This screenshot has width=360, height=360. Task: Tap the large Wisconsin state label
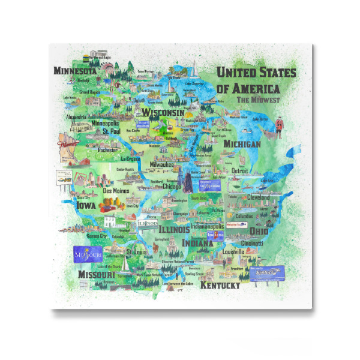tap(163, 113)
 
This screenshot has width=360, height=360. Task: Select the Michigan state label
tap(242, 145)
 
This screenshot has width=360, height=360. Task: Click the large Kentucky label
tap(220, 286)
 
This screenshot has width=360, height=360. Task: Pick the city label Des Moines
tap(116, 191)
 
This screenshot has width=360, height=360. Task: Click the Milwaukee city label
tap(161, 164)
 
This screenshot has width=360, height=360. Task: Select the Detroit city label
tap(239, 170)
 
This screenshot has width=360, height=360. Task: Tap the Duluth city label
tap(139, 100)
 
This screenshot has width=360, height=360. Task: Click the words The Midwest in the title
tap(259, 100)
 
